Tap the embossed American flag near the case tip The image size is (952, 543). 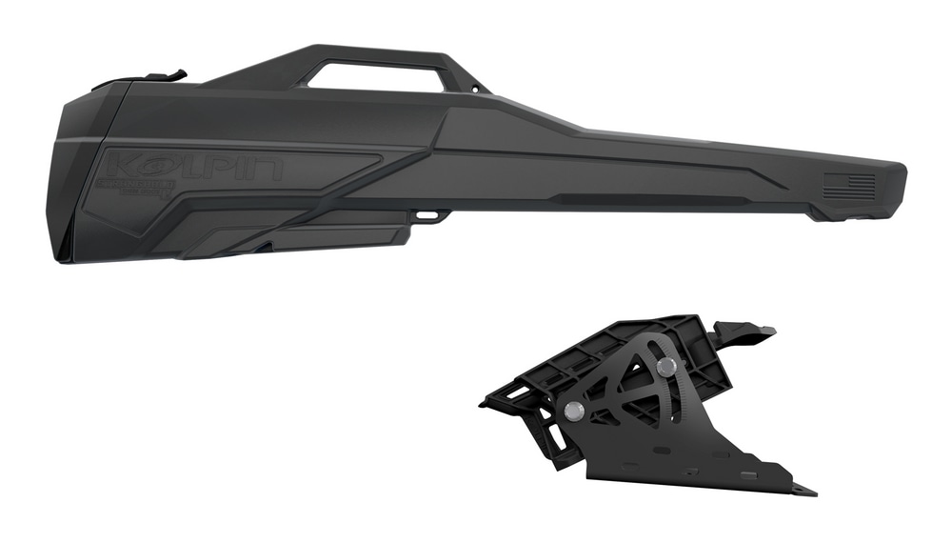coord(848,186)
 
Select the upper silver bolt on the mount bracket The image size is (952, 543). coord(667,366)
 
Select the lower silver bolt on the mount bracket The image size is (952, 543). coord(574,411)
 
